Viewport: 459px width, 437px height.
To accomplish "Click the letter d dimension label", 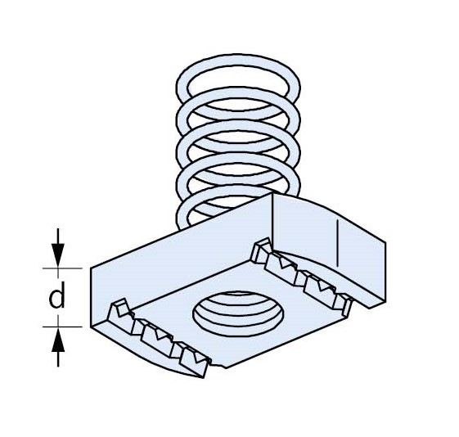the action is [x=56, y=295].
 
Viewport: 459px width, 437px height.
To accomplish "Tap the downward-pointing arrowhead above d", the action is [x=58, y=255].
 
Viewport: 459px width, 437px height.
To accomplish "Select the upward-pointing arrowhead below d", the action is [x=58, y=340].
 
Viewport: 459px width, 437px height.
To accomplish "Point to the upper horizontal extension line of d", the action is [x=62, y=268].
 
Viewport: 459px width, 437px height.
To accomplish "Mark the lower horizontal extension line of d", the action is [x=62, y=327].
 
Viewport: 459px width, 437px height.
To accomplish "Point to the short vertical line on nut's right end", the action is [x=338, y=244].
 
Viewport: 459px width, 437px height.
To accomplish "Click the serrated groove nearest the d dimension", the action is [x=158, y=336].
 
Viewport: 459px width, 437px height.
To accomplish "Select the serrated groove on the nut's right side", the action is [x=302, y=273].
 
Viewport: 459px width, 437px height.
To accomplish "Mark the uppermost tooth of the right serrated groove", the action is [x=261, y=249].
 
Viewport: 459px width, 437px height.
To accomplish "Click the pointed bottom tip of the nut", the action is [x=203, y=377].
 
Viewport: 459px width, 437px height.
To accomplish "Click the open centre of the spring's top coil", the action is [x=238, y=85].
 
